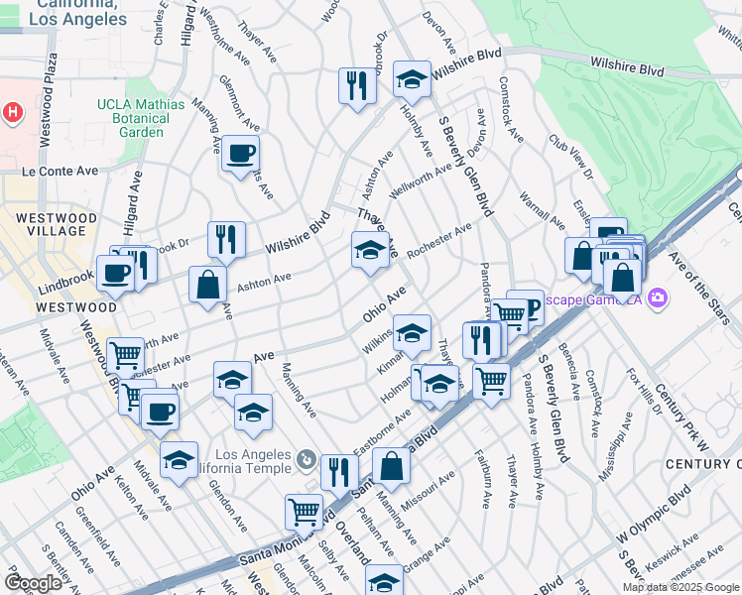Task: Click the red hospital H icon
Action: pyautogui.click(x=11, y=113)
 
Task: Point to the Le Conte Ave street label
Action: pyautogui.click(x=61, y=171)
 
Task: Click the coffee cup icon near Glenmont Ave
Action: pyautogui.click(x=241, y=154)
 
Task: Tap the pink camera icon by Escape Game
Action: pyautogui.click(x=657, y=297)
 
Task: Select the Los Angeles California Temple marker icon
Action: pyautogui.click(x=307, y=459)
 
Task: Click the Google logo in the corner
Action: pyautogui.click(x=33, y=582)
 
